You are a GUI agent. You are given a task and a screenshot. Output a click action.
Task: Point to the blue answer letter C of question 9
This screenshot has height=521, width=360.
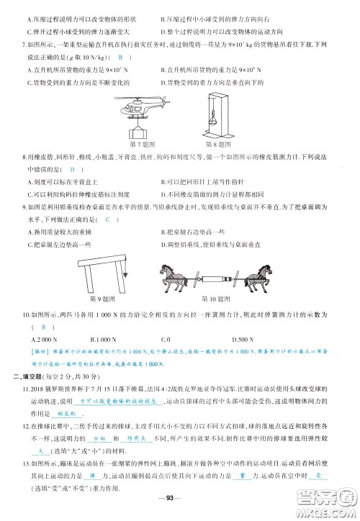click(x=108, y=219)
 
